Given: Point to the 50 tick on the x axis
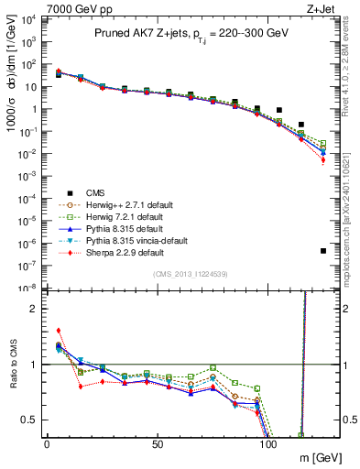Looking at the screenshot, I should coord(158,442).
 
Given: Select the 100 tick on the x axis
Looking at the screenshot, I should coord(269,442).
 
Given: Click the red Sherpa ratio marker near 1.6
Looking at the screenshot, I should coord(59,331).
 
